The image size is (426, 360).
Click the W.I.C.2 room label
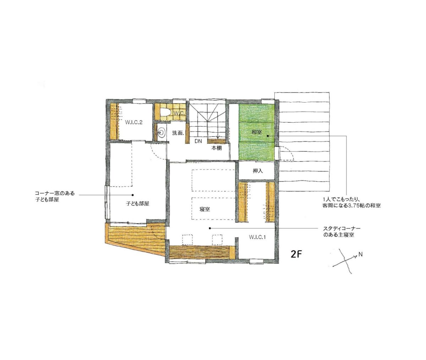pyautogui.click(x=134, y=122)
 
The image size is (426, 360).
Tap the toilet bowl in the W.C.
pyautogui.click(x=165, y=112)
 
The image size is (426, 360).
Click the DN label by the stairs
pyautogui.click(x=198, y=141)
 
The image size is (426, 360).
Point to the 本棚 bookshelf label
pyautogui.click(x=217, y=148)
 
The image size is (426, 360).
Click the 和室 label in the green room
pyautogui.click(x=257, y=132)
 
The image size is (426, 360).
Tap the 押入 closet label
pyautogui.click(x=258, y=171)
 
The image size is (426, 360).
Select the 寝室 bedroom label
pyautogui.click(x=204, y=210)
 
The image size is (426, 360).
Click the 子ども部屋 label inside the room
pyautogui.click(x=137, y=204)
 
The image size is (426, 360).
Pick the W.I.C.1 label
pyautogui.click(x=257, y=237)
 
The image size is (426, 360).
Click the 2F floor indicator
pyautogui.click(x=296, y=255)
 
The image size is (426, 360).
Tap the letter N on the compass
pyautogui.click(x=360, y=255)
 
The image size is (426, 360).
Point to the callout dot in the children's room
pyautogui.click(x=133, y=195)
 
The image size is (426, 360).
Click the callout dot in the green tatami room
pyautogui.click(x=268, y=136)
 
